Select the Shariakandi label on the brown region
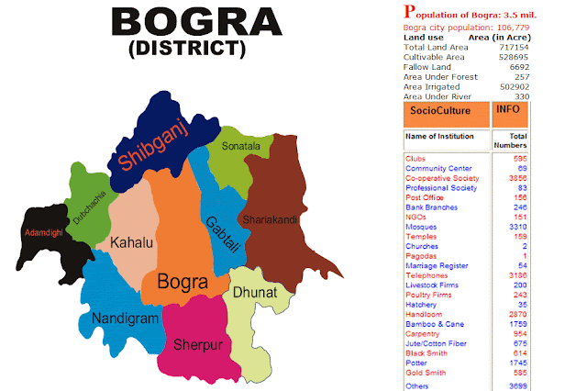(271, 219)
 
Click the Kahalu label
(130, 242)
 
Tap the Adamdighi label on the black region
(43, 232)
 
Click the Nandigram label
(125, 318)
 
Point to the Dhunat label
(253, 292)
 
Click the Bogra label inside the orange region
(182, 280)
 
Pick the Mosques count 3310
(518, 226)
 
